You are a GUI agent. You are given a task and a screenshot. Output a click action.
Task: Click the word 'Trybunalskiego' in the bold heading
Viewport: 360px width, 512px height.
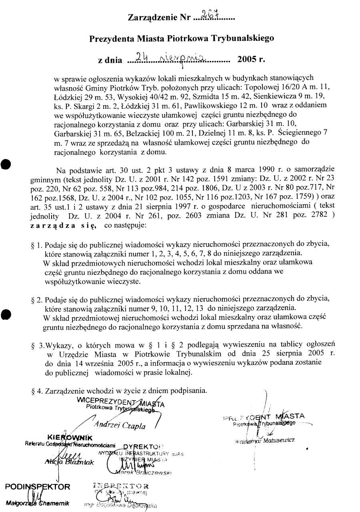(x=245, y=38)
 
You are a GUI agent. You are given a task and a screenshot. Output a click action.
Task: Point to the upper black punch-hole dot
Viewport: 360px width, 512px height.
(x=5, y=164)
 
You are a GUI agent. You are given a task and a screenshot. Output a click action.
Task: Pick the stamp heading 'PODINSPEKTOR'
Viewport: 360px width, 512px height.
(x=38, y=487)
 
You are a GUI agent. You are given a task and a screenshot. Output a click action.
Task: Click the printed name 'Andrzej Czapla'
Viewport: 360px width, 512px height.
(x=120, y=425)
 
